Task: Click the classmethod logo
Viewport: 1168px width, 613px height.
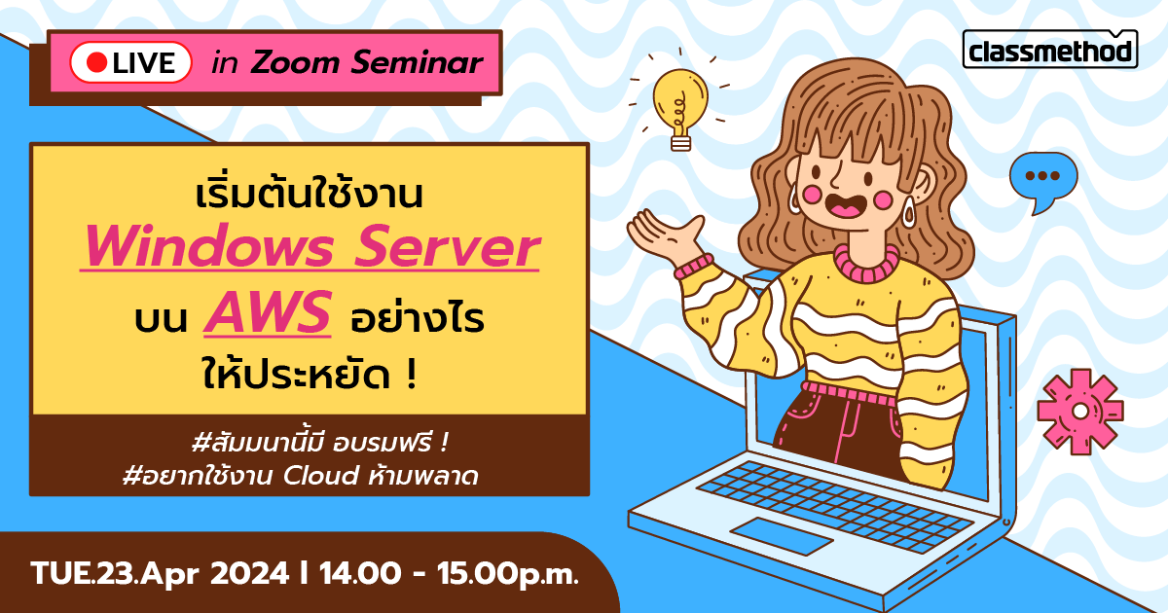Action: pyautogui.click(x=1050, y=50)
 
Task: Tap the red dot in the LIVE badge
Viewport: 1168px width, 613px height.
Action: pyautogui.click(x=96, y=62)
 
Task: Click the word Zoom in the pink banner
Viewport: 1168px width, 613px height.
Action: pyautogui.click(x=287, y=63)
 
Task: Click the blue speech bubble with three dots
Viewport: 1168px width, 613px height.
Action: pyautogui.click(x=1042, y=179)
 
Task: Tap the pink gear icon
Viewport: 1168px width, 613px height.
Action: pyautogui.click(x=1079, y=411)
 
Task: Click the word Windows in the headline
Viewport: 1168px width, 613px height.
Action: pyautogui.click(x=214, y=250)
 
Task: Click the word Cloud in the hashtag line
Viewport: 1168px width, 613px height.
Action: pyautogui.click(x=319, y=477)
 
